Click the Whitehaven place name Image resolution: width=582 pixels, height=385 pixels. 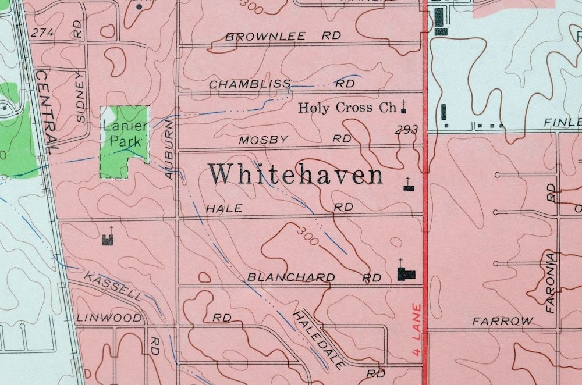[x=296, y=174]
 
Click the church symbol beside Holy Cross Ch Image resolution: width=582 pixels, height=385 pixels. [x=402, y=107]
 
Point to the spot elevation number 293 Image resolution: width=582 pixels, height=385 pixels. [x=406, y=130]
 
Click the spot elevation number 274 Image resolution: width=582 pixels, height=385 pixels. [x=42, y=33]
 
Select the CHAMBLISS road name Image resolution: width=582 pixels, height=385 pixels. [x=250, y=84]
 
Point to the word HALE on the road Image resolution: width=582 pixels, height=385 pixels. [x=224, y=208]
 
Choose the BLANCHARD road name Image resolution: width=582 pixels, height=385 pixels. [x=291, y=277]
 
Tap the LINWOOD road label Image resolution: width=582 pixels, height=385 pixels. [x=109, y=318]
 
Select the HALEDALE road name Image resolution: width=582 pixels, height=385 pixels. [x=318, y=340]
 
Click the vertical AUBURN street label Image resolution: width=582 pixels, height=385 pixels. [x=169, y=148]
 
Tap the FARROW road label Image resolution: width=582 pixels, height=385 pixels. [x=503, y=320]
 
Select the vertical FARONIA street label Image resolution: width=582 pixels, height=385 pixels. [x=551, y=283]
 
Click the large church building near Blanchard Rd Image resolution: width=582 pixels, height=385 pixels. [x=406, y=274]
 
